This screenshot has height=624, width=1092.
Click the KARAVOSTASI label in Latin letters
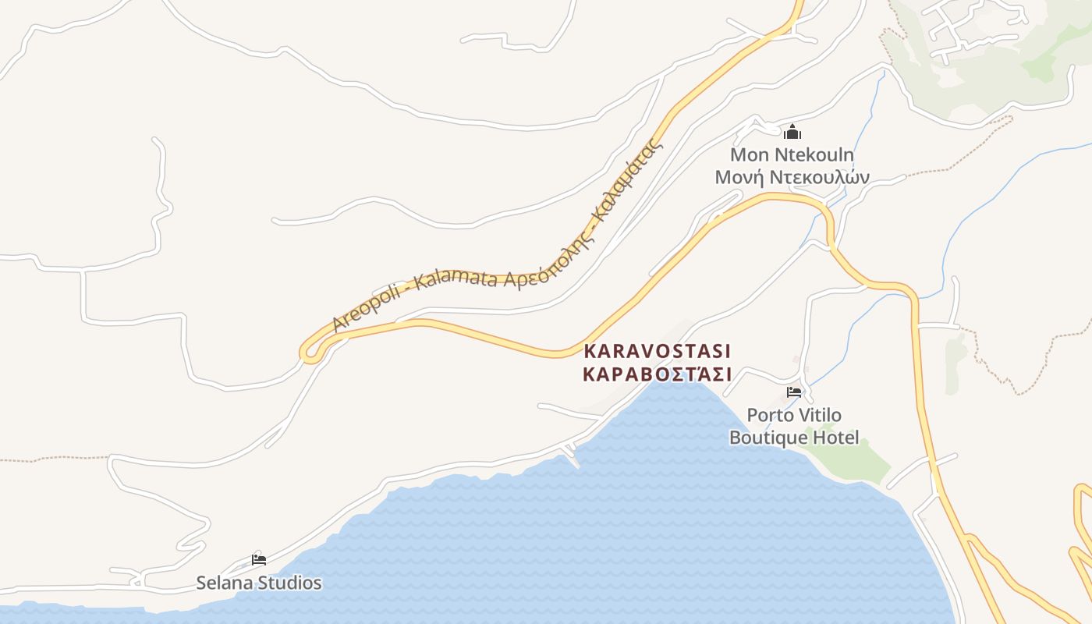point(658,350)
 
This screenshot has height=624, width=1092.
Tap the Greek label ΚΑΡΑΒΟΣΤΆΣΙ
point(658,374)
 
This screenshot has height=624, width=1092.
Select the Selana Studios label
point(258,583)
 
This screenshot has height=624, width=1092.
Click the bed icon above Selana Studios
point(259,559)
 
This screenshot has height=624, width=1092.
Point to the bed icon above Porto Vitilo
point(794,392)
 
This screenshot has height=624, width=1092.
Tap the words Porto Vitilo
point(794,415)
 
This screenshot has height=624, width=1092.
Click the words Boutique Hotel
point(794,438)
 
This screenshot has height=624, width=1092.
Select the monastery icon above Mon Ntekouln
point(792,132)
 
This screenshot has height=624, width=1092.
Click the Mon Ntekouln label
point(792,154)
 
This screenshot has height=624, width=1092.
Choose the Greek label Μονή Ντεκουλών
point(792,177)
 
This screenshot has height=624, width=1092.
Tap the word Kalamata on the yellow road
point(456,277)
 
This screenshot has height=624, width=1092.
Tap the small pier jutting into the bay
point(572,456)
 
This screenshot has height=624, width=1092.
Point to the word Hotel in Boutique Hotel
point(835,438)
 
